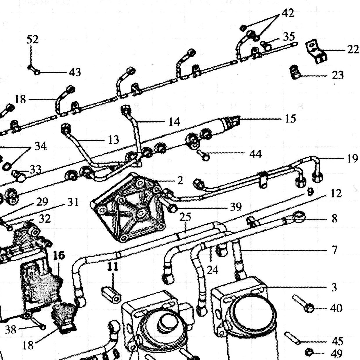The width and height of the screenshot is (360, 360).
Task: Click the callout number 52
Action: tap(33, 39)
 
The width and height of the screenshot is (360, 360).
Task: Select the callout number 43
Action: tap(75, 72)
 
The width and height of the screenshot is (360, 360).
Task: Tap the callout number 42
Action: tap(288, 13)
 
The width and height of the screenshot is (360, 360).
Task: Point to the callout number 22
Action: tap(353, 50)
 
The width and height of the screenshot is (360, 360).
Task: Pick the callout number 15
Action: tap(291, 119)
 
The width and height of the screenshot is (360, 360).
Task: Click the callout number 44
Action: tap(255, 154)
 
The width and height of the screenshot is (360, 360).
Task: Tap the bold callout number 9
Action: tap(310, 192)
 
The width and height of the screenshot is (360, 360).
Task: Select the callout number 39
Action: tap(236, 207)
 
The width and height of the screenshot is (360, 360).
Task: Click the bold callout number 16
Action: tap(59, 255)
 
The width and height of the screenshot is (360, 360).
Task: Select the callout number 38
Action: tap(11, 330)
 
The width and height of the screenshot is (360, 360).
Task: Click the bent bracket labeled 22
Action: tap(316, 51)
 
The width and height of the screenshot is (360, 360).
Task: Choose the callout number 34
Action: tap(40, 146)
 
